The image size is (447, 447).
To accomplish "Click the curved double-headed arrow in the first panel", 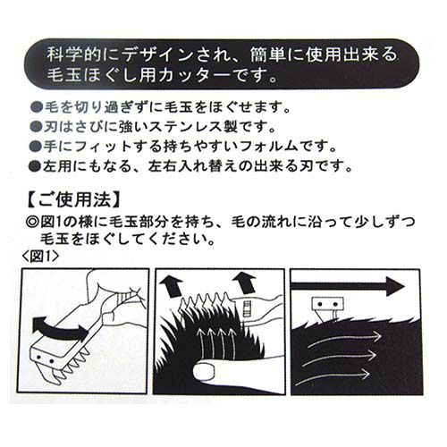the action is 60,328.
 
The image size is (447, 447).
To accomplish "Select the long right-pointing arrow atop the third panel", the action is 348,286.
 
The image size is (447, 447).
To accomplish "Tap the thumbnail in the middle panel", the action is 204,370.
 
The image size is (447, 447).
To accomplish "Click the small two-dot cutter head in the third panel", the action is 328,305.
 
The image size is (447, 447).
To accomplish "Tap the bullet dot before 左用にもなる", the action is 36,165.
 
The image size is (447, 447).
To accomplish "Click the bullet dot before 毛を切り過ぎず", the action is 37,107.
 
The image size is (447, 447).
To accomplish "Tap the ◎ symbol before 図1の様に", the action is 32,222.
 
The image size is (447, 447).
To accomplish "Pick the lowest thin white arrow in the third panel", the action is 333,377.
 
